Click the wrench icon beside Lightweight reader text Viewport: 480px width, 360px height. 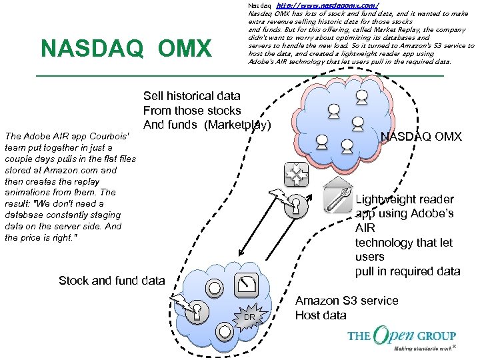[337, 197]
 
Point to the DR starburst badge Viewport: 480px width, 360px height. [249, 316]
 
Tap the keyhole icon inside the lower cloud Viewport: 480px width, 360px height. [197, 311]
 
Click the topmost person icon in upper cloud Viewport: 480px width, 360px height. [361, 97]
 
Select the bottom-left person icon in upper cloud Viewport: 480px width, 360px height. [321, 141]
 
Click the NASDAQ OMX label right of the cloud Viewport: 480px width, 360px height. [421, 136]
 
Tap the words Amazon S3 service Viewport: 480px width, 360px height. [347, 301]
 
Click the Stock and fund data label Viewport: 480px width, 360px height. [111, 281]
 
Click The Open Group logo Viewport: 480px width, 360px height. [401, 338]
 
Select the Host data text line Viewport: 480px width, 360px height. [321, 315]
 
